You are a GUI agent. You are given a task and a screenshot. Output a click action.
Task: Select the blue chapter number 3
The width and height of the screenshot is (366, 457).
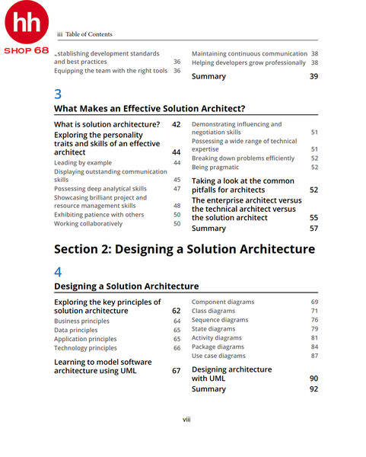tap(59, 94)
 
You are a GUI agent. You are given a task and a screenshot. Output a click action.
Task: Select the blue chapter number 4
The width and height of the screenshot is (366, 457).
tap(59, 271)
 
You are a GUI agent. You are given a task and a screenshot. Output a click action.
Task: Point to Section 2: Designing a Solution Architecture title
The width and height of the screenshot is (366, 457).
tap(184, 249)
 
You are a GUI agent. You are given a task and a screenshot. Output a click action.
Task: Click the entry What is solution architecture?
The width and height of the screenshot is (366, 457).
tap(107, 124)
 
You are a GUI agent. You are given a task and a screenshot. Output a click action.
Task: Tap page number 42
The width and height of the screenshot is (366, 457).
tap(176, 124)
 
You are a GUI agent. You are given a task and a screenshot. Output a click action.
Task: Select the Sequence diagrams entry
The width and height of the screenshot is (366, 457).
tap(220, 320)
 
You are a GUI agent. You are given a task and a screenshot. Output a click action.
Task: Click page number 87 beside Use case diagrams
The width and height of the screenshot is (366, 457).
tap(314, 356)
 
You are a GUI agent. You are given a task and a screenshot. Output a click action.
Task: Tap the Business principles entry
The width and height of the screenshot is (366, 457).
tap(81, 321)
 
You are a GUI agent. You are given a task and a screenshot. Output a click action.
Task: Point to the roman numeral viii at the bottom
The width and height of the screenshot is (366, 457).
tap(186, 420)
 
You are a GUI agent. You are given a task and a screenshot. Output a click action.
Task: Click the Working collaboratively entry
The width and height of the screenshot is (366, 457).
tap(88, 224)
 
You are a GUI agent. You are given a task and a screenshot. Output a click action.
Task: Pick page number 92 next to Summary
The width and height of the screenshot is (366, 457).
tap(313, 388)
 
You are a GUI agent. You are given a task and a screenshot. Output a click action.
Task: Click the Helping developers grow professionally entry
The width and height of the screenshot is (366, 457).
tap(248, 62)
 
